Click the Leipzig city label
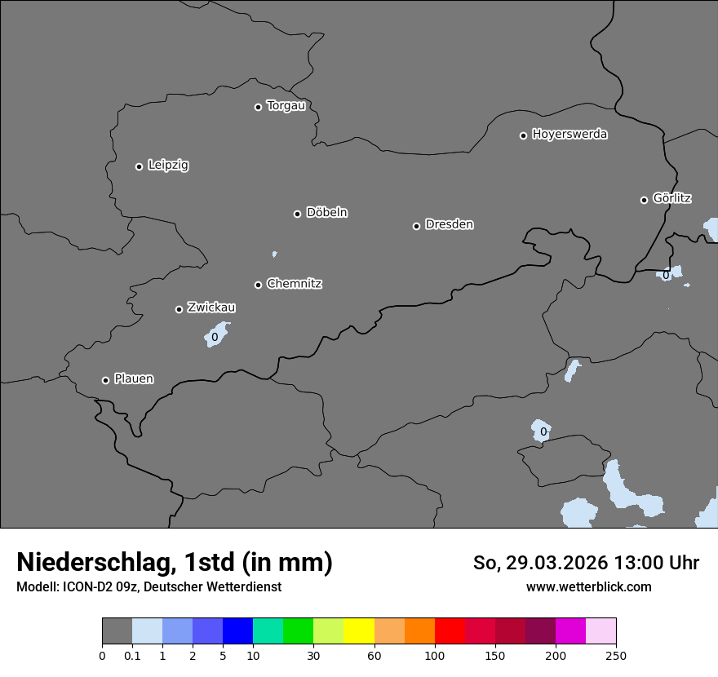pos(168,165)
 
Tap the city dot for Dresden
pos(416,226)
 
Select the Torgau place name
pos(286,106)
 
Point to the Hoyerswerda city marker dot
pos(524,135)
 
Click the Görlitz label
pos(672,198)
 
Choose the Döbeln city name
pos(326,213)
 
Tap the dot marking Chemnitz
pos(259,285)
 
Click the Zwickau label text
pos(211,308)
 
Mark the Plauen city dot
pos(105,380)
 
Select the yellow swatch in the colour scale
pos(359,631)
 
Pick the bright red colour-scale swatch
pos(450,631)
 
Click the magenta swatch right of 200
pos(570,631)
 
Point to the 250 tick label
pos(616,656)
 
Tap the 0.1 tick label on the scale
pos(132,656)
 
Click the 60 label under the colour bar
pos(375,656)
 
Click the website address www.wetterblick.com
pos(589,586)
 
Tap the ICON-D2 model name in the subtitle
pos(85,586)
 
